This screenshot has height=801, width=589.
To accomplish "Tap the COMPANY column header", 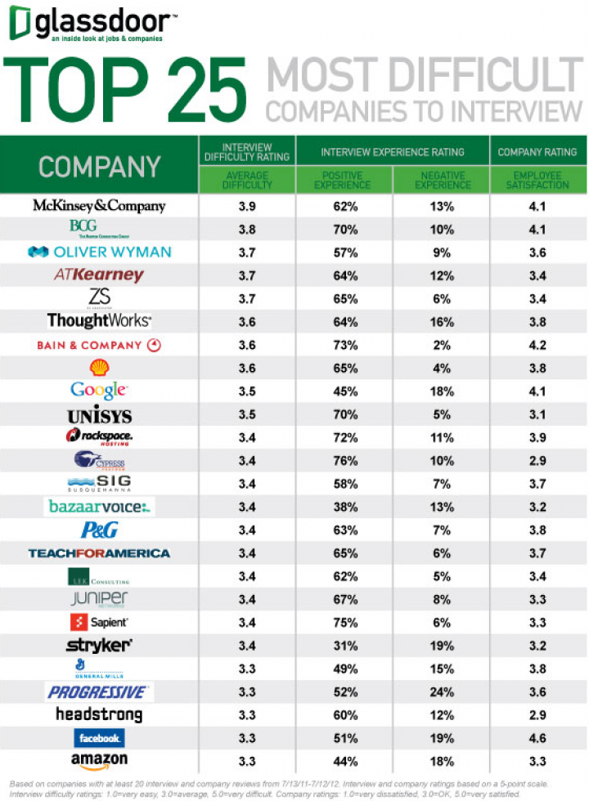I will coord(99,167).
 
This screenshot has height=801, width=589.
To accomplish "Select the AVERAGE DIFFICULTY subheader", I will coord(246,180).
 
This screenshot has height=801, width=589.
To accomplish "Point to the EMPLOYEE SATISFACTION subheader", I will coord(537,180).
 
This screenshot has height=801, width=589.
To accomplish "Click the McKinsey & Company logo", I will coord(98,206).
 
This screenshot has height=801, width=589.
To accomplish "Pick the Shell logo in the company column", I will coord(99,367).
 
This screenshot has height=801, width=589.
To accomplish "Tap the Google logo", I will coord(98,390).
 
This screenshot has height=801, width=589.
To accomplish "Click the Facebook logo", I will coord(99,737).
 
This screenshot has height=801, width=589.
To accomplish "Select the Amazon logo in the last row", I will coord(99,760).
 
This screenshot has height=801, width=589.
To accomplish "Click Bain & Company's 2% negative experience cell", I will coord(442,345).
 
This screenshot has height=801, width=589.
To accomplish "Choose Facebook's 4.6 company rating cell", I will coord(537,737).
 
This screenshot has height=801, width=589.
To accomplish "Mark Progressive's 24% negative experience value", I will coord(442,691).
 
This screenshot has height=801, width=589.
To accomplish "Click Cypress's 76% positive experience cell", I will coord(345,460).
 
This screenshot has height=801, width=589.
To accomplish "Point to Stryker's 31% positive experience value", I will coord(345,646).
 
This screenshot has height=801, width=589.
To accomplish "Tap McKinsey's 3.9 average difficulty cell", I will coord(246,206).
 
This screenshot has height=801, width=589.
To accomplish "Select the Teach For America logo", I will coord(99,553).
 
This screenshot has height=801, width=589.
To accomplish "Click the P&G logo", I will coord(99,530).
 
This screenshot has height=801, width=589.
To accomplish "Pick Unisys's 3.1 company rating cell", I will coord(537,414).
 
